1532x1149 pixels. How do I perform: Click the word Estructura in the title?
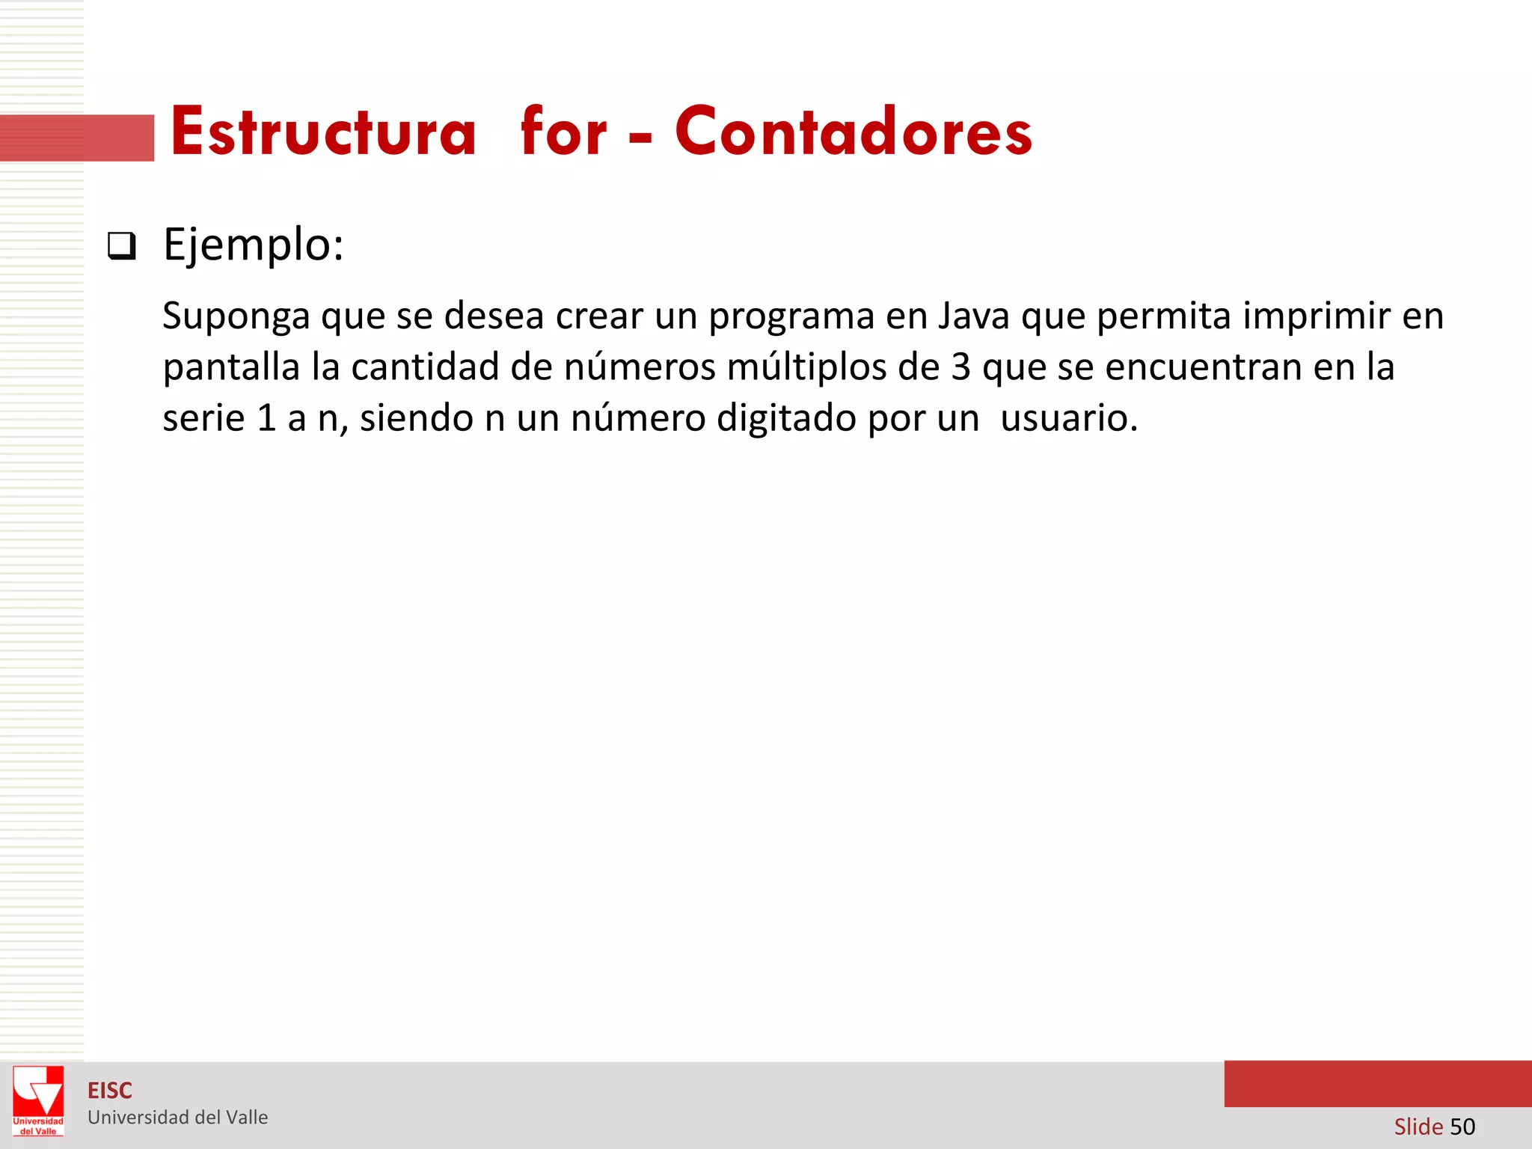323,132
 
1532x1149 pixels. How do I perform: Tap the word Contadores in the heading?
854,132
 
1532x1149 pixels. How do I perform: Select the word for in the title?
563,132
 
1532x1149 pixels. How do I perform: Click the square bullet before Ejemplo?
122,246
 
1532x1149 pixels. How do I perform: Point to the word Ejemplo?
254,245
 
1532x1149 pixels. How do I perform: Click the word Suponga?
236,316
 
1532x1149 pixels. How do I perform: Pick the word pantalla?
232,367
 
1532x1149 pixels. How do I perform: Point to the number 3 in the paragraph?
960,367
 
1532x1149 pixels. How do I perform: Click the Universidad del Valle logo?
38,1100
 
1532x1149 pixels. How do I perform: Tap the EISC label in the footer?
110,1091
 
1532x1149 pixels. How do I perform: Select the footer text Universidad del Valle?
178,1118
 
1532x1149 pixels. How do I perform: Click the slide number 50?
1462,1127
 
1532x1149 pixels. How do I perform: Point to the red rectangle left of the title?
77,138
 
